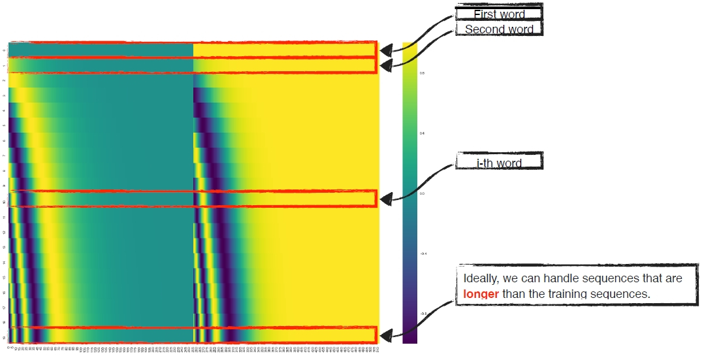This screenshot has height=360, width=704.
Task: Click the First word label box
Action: pos(499,14)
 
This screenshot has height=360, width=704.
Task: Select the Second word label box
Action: pos(499,29)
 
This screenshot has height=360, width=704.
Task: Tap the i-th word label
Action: pos(499,163)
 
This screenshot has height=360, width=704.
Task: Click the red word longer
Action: pos(481,293)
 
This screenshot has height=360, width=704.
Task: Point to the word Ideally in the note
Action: pos(481,279)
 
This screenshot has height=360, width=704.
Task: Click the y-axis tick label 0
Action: pos(5,50)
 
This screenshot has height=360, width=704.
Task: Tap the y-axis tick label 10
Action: pos(5,201)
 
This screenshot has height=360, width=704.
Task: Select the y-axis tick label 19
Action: pos(5,338)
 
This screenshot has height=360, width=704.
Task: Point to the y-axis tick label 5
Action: pos(5,125)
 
